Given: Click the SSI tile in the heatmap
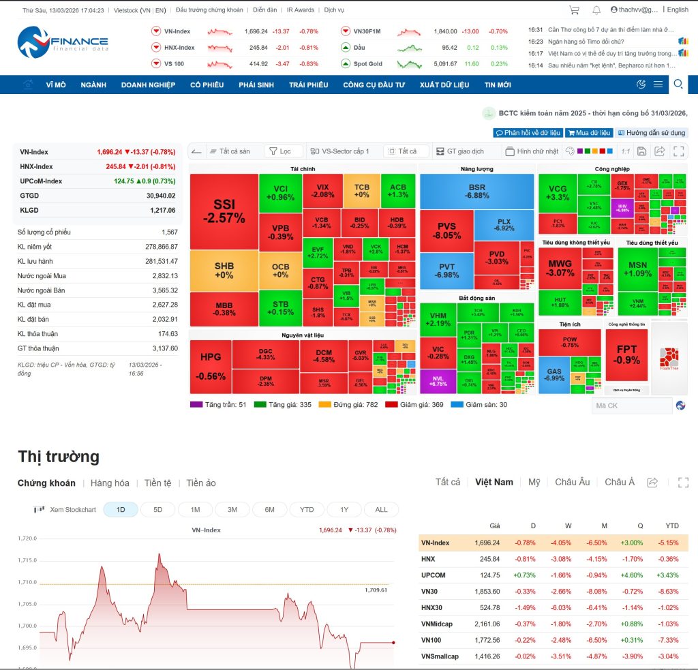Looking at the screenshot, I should (x=224, y=211).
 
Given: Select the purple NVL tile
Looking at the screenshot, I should (x=437, y=380).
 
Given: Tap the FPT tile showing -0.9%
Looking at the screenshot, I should (x=626, y=354).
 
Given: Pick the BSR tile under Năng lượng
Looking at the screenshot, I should (x=476, y=191).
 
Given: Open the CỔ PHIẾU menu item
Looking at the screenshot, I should (x=207, y=85).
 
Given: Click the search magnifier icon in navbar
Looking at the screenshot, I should (x=678, y=84).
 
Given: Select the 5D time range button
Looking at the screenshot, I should (x=157, y=510).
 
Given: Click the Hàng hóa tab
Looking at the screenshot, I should (x=110, y=483).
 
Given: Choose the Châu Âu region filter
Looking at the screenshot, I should (x=572, y=482).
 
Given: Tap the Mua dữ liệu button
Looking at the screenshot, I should (x=589, y=133).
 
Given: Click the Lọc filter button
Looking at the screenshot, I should (x=283, y=151).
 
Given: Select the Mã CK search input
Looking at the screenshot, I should (x=631, y=406).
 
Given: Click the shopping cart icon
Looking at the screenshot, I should (x=574, y=10).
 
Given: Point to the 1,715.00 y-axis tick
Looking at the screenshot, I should (x=27, y=560).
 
